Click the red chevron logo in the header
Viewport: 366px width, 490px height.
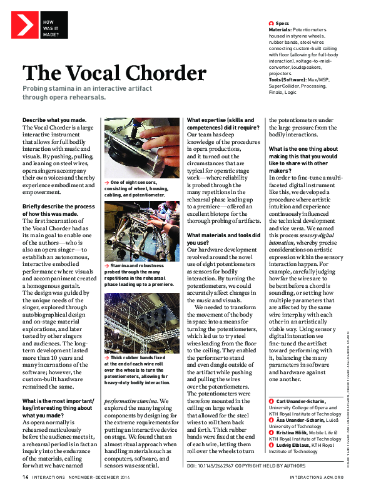click(x=24, y=25)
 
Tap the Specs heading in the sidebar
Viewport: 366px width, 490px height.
click(x=282, y=23)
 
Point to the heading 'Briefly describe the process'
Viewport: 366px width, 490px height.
click(x=59, y=207)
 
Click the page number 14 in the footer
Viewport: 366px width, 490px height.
click(x=25, y=476)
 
